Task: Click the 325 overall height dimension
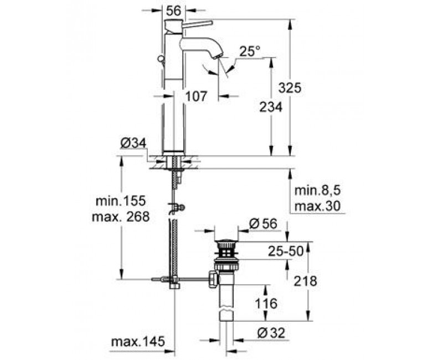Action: click(290, 88)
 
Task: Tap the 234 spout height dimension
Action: click(271, 107)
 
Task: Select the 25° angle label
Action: click(250, 52)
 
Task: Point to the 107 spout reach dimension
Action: click(196, 96)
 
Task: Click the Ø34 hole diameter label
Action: click(133, 143)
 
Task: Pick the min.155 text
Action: click(120, 201)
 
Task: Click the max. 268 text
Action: click(121, 217)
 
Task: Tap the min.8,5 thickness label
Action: click(318, 191)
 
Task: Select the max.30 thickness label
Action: click(318, 206)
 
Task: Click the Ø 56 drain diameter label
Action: click(263, 224)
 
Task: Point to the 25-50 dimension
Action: click(285, 251)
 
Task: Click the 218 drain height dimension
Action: click(305, 281)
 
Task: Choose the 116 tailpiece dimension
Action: click(266, 304)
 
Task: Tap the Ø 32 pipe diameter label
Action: click(271, 333)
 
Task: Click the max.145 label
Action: click(138, 342)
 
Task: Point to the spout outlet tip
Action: click(218, 56)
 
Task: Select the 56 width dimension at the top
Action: click(174, 11)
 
